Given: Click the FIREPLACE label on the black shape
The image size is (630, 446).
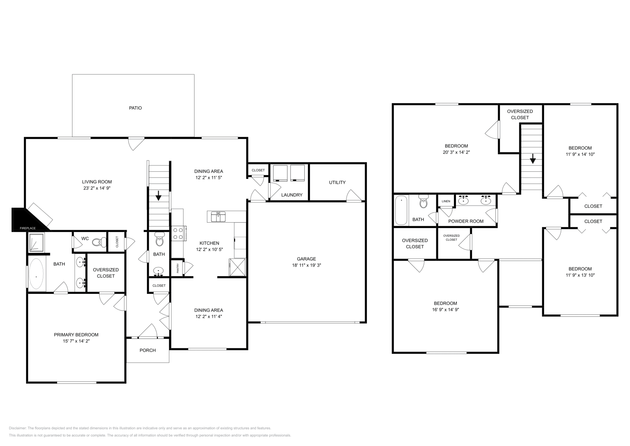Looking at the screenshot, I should [28, 228].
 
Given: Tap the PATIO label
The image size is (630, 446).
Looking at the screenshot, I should [135, 108].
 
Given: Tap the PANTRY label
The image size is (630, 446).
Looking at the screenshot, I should [178, 268].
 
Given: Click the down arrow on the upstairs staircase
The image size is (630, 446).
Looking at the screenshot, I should [533, 159].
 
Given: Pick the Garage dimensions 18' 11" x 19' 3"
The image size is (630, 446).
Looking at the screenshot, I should [306, 265].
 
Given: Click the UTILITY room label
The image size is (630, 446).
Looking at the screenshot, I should [337, 182].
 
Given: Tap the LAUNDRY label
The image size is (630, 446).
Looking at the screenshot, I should [292, 195].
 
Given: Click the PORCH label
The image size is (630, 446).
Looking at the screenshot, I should [148, 350].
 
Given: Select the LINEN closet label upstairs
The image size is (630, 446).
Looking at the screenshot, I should [446, 201].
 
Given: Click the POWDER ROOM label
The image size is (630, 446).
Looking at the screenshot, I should [466, 221].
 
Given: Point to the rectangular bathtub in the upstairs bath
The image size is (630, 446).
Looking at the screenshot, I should [401, 210].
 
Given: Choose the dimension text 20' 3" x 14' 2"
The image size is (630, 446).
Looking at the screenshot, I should [457, 152].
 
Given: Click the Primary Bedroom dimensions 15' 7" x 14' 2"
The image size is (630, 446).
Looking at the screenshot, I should [76, 341].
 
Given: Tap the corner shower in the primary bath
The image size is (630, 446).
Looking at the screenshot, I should [36, 242].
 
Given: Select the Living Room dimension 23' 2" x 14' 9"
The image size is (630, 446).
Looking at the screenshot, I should [97, 188].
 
